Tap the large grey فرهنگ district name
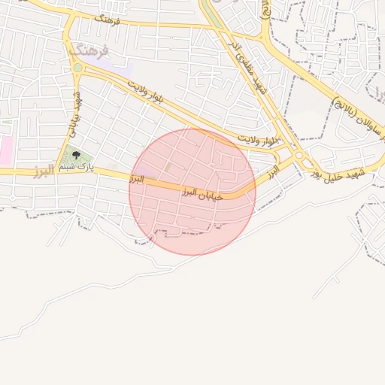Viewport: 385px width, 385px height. pos(89,50)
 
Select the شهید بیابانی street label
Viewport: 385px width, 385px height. pos(75,114)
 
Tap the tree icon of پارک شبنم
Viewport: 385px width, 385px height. pos(75,156)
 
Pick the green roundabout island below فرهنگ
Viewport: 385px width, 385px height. pos(77,68)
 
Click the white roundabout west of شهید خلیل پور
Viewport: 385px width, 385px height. pos(300,156)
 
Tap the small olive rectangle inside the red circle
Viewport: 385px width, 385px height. pos(169,165)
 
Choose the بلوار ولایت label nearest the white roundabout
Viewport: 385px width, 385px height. pos(257,140)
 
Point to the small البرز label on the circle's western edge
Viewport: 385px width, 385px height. pos(136,179)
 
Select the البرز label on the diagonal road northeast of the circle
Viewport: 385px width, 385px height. pos(271,171)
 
